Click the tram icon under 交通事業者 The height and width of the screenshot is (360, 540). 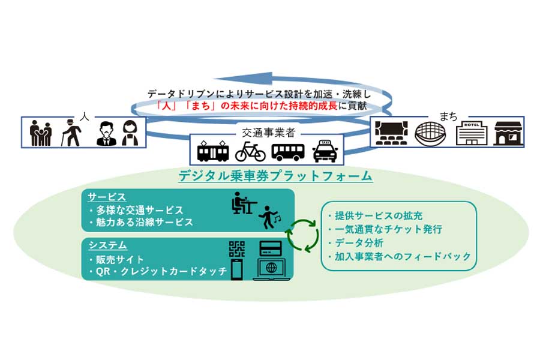[x=213, y=151]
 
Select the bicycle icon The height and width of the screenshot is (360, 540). [x=250, y=151]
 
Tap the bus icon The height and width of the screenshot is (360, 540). [x=288, y=151]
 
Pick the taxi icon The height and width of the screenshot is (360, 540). [x=326, y=151]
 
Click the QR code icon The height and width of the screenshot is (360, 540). [x=238, y=250]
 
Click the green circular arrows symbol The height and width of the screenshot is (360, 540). [x=302, y=235]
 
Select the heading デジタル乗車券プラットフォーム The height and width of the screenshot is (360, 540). [x=275, y=176]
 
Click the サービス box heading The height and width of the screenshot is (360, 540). [x=107, y=197]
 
